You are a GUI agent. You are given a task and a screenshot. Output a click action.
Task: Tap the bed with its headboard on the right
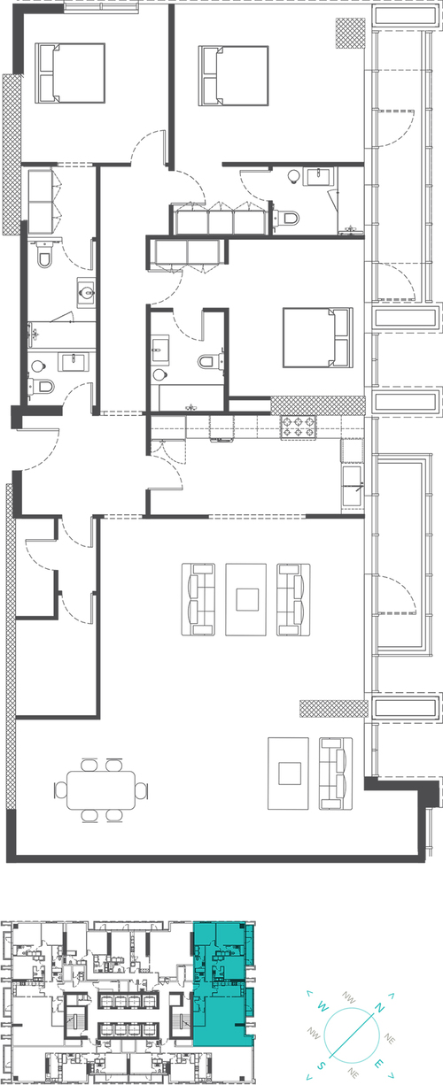tap(316, 336)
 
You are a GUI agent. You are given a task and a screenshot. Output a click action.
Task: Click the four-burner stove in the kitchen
tap(297, 428)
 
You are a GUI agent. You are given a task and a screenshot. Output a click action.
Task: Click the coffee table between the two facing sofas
tap(245, 599)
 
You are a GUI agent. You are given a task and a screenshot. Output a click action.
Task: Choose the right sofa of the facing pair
tap(294, 599)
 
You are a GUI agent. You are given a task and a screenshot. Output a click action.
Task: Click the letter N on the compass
tap(380, 1008)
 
